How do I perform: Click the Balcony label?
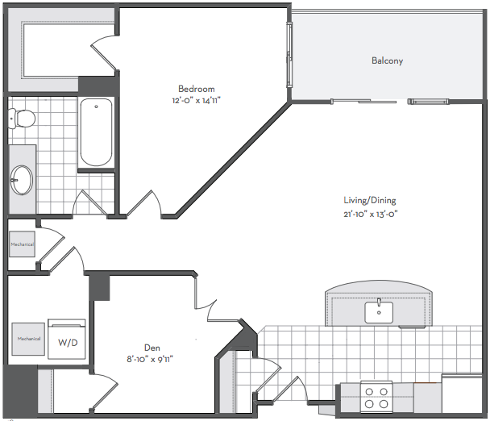tap(387, 60)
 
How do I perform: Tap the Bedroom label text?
tap(197, 89)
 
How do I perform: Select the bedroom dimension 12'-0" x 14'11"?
tap(197, 100)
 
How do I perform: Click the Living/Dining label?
tap(370, 201)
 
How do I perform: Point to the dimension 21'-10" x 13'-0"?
tap(370, 215)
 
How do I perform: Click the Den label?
tap(152, 348)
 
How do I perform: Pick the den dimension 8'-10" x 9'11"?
tap(150, 359)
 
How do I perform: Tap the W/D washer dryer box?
tap(67, 339)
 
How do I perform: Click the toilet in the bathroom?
tap(21, 119)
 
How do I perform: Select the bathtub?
tap(96, 132)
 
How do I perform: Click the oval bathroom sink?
tap(21, 180)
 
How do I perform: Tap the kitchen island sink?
tap(379, 312)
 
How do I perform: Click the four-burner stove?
tap(376, 397)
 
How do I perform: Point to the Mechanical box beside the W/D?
tap(28, 339)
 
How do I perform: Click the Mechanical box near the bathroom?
tap(22, 244)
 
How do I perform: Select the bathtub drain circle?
tap(96, 106)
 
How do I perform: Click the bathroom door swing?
tap(89, 202)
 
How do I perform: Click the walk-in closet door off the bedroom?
tap(104, 52)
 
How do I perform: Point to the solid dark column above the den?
tap(99, 287)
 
